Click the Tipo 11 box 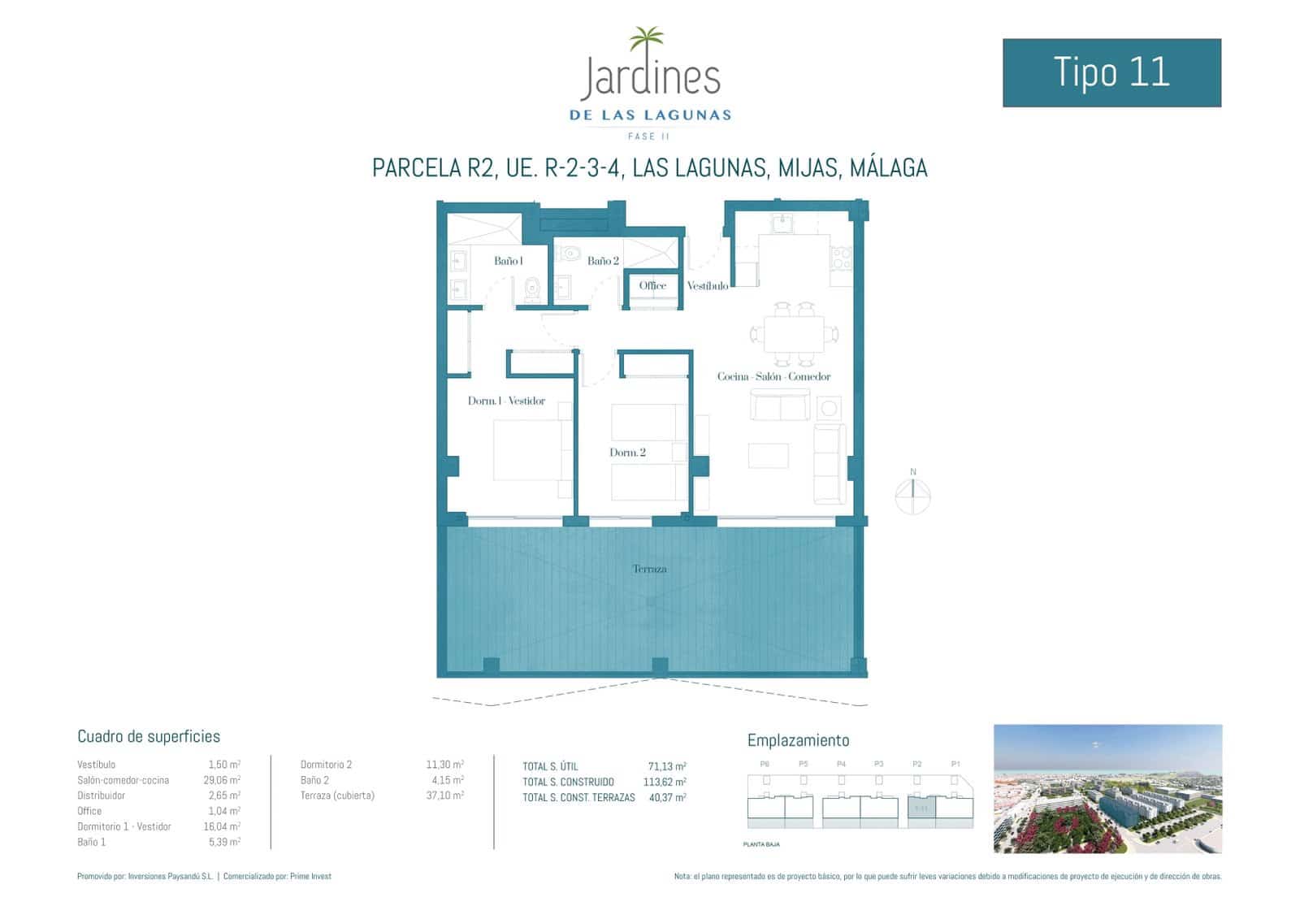(1111, 72)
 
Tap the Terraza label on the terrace (649, 569)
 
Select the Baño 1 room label (508, 261)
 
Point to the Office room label (652, 285)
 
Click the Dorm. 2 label (627, 453)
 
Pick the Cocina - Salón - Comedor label (773, 376)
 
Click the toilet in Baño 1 (532, 288)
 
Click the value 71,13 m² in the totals (666, 766)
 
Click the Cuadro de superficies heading (149, 736)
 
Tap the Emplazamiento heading (798, 740)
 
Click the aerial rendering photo (1107, 788)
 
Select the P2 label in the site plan (916, 764)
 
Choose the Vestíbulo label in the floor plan (707, 286)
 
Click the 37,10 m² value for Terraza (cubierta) (444, 795)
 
